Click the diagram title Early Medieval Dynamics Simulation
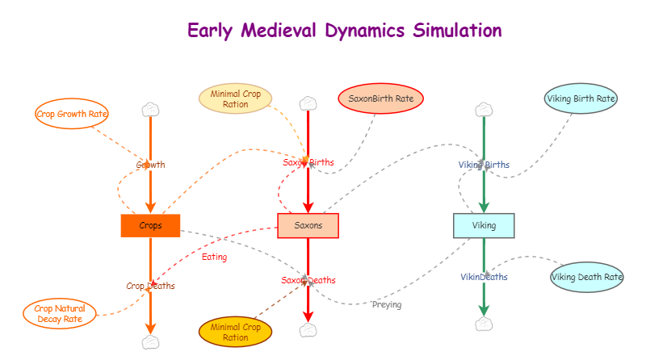[x=344, y=31]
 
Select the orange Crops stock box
[x=150, y=226]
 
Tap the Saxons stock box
[x=308, y=226]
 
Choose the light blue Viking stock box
[x=484, y=225]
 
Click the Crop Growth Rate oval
[x=72, y=114]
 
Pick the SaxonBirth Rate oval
[x=380, y=99]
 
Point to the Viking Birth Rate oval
[x=581, y=98]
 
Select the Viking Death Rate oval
[x=587, y=278]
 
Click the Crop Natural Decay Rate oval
[x=60, y=313]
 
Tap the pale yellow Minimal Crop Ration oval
[x=235, y=99]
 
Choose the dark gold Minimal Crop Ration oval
[x=235, y=332]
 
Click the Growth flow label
[x=150, y=165]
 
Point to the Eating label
[x=214, y=257]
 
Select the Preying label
[x=387, y=304]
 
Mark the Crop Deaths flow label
[x=150, y=286]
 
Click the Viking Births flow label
[x=484, y=165]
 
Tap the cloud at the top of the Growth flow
[x=150, y=109]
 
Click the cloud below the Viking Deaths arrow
[x=484, y=324]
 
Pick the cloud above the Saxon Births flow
[x=308, y=103]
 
